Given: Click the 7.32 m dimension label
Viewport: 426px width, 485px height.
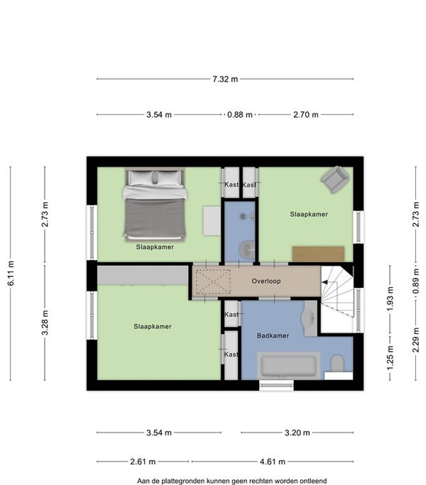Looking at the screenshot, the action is click(x=225, y=79).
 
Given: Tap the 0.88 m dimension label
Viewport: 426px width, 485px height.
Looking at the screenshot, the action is click(x=240, y=115).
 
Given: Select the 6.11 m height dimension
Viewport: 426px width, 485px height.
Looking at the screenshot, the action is click(x=11, y=273).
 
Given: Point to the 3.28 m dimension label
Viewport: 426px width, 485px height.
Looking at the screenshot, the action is click(x=45, y=323).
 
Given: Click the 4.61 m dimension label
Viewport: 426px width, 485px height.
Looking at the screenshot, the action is click(x=273, y=462).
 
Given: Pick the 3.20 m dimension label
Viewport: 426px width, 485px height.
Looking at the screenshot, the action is click(x=297, y=433).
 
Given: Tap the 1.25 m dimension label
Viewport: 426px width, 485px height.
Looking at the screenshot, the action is click(x=390, y=357).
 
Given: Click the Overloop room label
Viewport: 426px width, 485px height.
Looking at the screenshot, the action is click(x=266, y=281).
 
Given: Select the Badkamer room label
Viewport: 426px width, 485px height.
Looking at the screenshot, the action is click(x=273, y=335).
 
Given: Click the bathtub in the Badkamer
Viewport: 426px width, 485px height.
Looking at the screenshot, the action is click(x=288, y=365).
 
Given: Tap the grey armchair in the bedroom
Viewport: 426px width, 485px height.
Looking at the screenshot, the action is click(x=335, y=179).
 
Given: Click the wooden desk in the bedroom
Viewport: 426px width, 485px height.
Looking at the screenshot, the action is click(x=319, y=254).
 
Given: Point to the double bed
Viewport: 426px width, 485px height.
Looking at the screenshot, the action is click(x=155, y=204).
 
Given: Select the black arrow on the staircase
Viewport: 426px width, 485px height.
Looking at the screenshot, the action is click(x=324, y=282).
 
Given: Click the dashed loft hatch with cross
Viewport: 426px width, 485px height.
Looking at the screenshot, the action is click(x=213, y=281).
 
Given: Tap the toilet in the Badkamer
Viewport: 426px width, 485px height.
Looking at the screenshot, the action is click(x=337, y=364).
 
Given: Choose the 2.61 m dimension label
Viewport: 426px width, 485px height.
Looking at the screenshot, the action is click(x=143, y=462).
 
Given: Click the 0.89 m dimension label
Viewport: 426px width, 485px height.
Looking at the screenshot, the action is click(x=416, y=281).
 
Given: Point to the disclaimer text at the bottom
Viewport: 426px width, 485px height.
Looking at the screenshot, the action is click(x=231, y=481).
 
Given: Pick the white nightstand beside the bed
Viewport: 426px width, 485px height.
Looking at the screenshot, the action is click(x=212, y=221).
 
